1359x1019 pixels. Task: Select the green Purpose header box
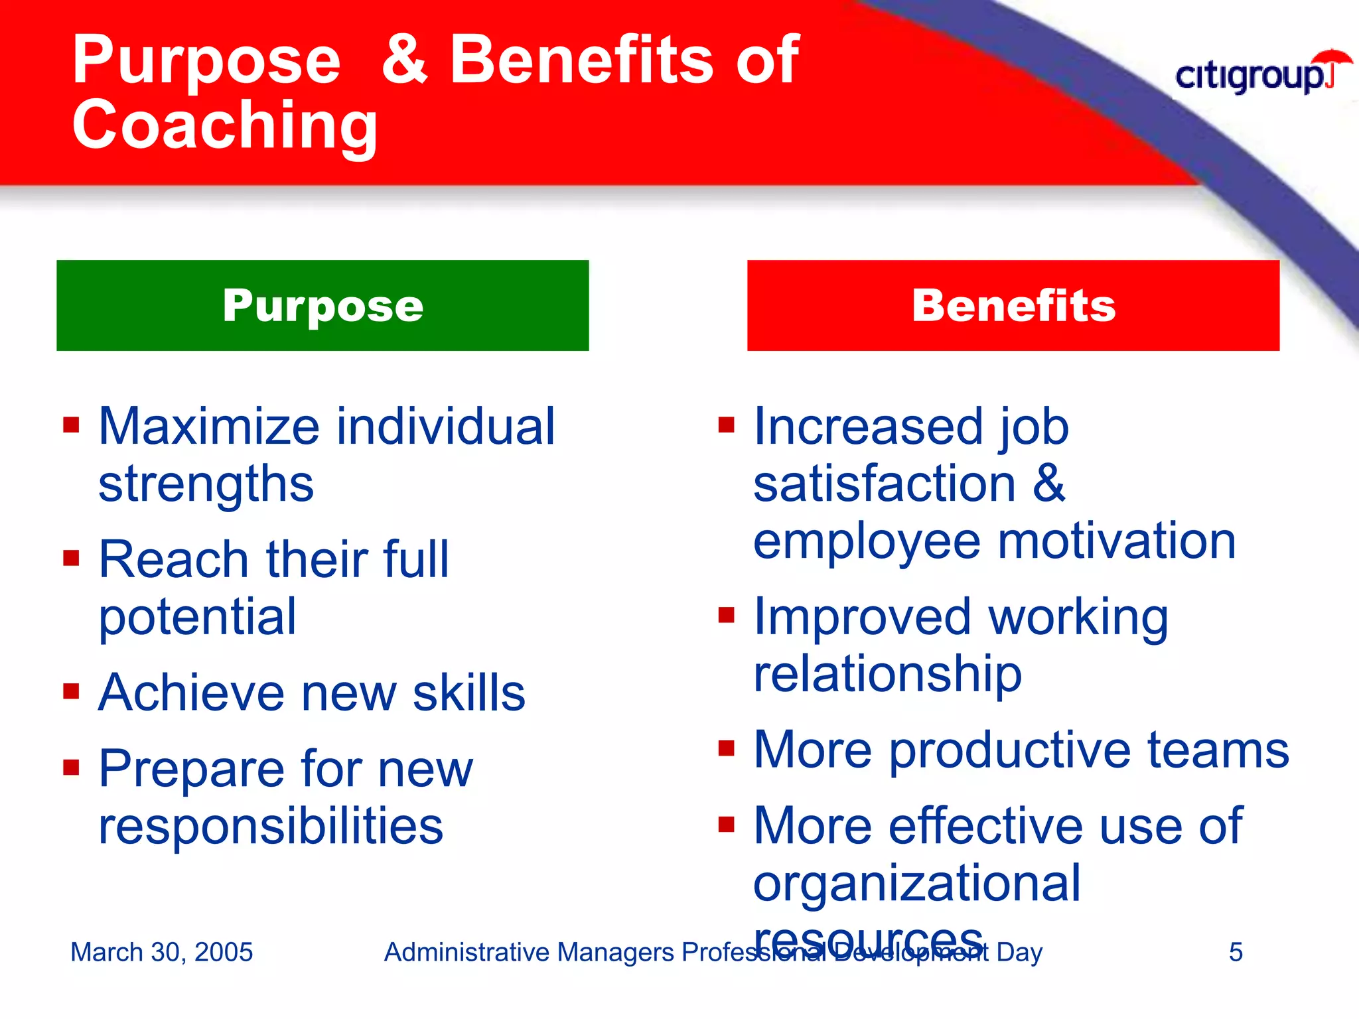pyautogui.click(x=322, y=305)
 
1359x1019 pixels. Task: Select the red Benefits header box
pyautogui.click(x=1013, y=305)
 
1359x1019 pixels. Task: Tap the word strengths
pyautogui.click(x=206, y=484)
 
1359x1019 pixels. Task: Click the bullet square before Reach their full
pyautogui.click(x=71, y=558)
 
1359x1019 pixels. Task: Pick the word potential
pyautogui.click(x=197, y=617)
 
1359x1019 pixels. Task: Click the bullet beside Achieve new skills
pyautogui.click(x=71, y=691)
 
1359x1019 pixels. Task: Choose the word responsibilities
pyautogui.click(x=271, y=827)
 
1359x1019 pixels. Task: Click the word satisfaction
pyautogui.click(x=885, y=484)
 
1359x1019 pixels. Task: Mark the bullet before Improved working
pyautogui.click(x=727, y=615)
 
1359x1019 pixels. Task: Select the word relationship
pyautogui.click(x=887, y=674)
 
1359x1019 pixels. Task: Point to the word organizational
pyautogui.click(x=917, y=884)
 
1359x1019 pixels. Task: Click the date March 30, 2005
pyautogui.click(x=161, y=952)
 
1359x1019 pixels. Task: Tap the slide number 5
pyautogui.click(x=1235, y=952)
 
